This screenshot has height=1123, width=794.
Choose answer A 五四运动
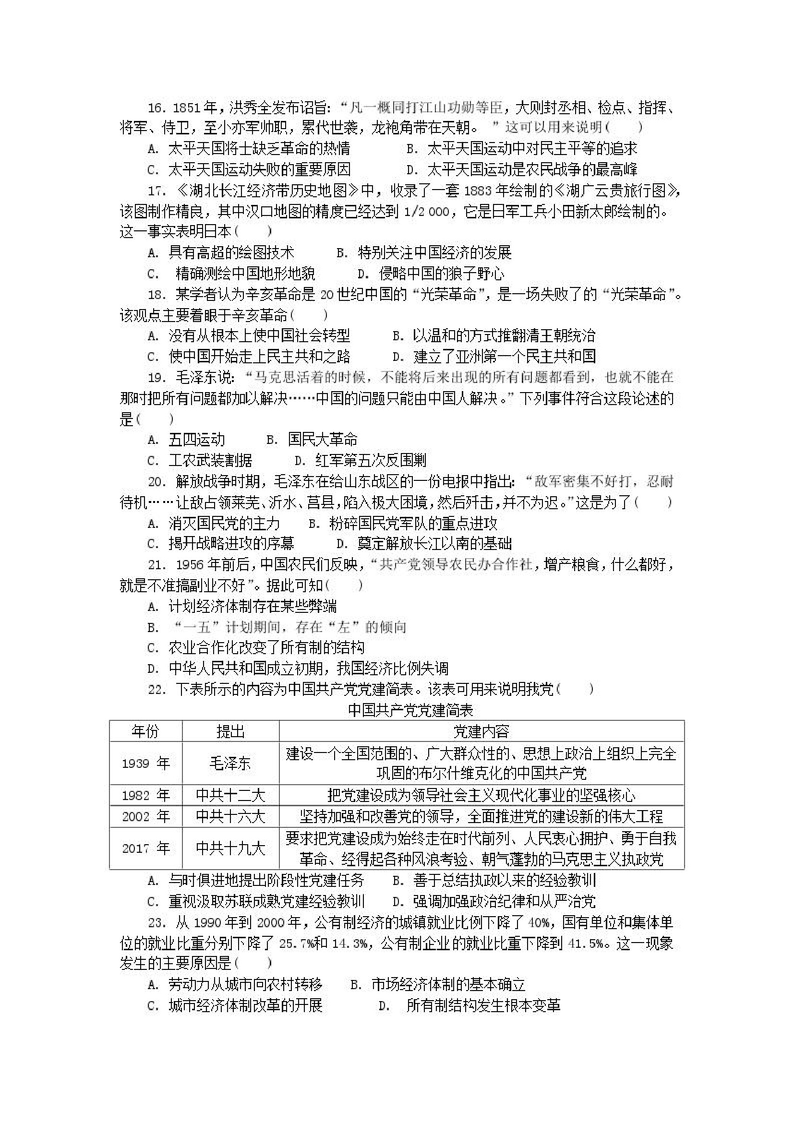[x=186, y=439]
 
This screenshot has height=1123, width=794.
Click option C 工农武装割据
[x=200, y=460]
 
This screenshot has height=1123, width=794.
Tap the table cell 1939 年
[x=145, y=763]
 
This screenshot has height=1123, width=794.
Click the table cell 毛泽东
[x=230, y=763]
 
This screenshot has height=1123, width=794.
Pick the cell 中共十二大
[x=230, y=795]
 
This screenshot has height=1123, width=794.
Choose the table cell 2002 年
[x=145, y=816]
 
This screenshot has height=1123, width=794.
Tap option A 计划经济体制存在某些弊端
[x=242, y=607]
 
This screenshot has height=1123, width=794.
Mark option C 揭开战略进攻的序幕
[x=221, y=543]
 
